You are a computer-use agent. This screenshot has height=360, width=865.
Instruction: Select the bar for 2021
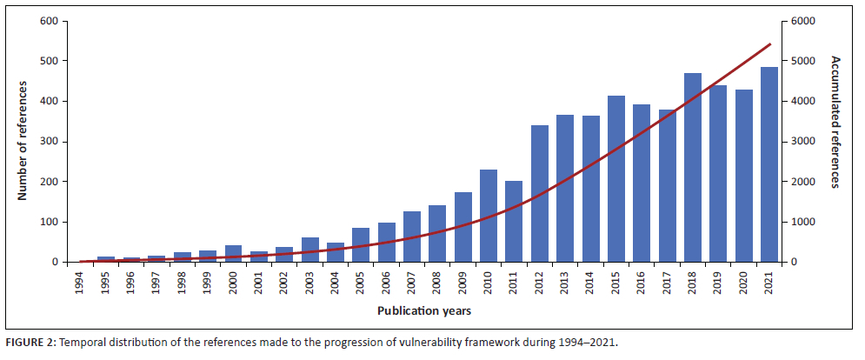(x=769, y=165)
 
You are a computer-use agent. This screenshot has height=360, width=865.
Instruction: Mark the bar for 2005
(x=361, y=245)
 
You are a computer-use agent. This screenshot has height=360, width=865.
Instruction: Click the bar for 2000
(x=234, y=254)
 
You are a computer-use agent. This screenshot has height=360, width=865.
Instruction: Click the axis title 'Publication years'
(x=425, y=310)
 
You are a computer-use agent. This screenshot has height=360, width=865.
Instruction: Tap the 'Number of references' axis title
(x=23, y=141)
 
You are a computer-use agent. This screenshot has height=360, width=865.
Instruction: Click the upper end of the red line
(x=770, y=43)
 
